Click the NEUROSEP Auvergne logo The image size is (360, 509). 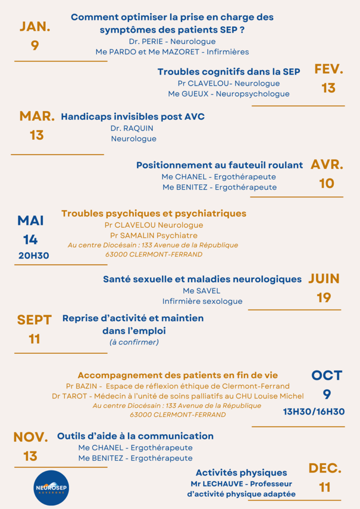(x=51, y=487)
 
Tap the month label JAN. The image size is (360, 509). (x=35, y=27)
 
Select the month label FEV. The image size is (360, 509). (x=329, y=69)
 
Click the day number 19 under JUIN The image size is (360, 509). (x=324, y=298)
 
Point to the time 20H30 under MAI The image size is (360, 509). (x=34, y=255)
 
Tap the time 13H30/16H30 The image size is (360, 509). (x=314, y=411)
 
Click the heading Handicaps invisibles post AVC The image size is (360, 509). (x=133, y=117)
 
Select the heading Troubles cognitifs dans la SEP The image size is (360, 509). (x=229, y=72)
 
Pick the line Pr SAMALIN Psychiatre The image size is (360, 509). (x=154, y=235)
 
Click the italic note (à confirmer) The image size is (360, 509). (x=134, y=342)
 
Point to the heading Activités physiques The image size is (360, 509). (x=241, y=472)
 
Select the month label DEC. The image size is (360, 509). (x=325, y=468)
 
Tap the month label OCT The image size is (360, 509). (x=327, y=375)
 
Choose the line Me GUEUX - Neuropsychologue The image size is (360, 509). (x=229, y=94)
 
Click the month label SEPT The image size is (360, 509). (x=34, y=320)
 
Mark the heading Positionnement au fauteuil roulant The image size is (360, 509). (x=220, y=165)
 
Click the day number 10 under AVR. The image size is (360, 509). (x=327, y=183)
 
